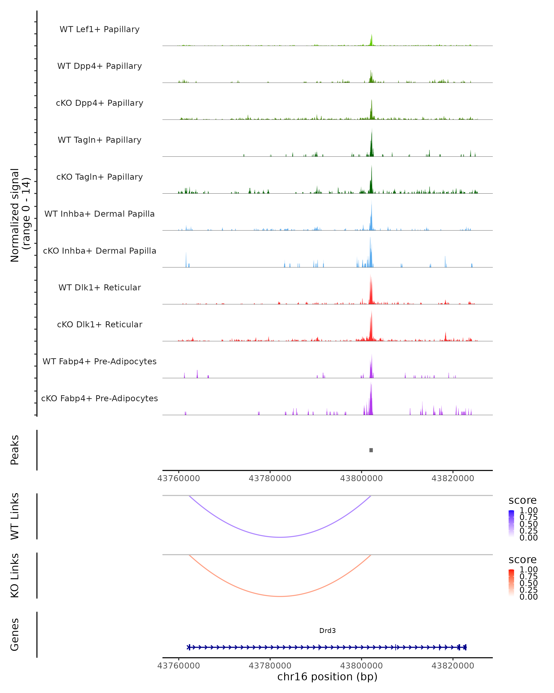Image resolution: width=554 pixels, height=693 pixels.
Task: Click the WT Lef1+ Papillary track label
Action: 99,29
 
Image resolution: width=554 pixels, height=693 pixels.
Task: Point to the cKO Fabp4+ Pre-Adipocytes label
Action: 99,398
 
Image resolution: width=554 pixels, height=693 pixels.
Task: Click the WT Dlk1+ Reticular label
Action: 99,287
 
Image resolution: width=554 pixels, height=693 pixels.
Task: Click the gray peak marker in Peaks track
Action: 371,450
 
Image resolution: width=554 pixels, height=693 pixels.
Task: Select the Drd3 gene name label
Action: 327,631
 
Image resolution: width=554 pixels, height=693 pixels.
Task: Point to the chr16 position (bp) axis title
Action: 327,677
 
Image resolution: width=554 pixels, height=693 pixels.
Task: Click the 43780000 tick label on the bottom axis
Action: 270,666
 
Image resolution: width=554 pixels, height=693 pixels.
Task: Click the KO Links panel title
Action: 15,576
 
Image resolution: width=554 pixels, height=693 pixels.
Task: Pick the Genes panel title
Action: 15,635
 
